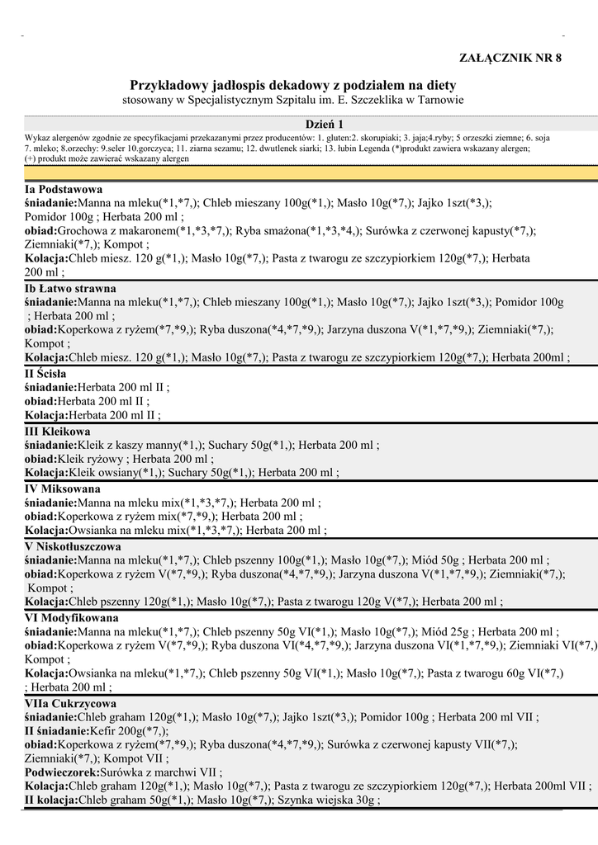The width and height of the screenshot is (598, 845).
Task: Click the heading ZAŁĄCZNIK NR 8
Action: (510, 57)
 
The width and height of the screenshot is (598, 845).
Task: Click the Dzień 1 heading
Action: (325, 124)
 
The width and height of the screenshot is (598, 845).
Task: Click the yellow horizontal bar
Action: (311, 172)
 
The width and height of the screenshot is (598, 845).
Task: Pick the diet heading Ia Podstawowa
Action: (63, 189)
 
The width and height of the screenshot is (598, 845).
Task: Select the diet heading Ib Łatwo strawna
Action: (70, 289)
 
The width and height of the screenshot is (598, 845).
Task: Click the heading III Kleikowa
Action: (58, 431)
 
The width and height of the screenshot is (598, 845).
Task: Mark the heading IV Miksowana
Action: (63, 489)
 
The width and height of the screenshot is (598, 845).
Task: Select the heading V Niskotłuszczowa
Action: (73, 546)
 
